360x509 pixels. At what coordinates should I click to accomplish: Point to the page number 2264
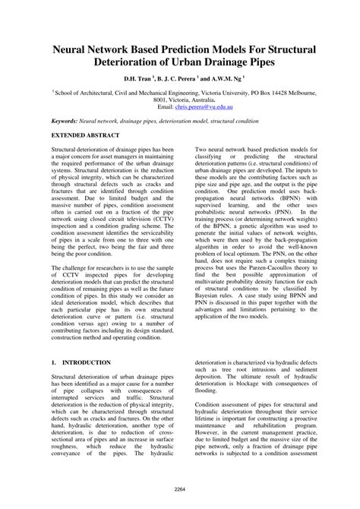pyautogui.click(x=180, y=489)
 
